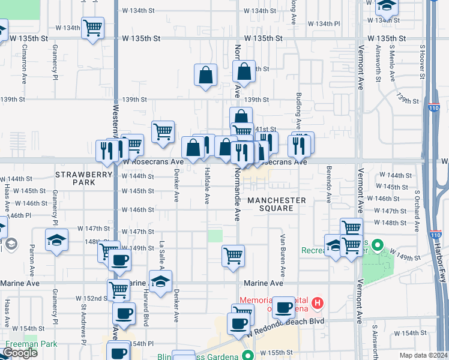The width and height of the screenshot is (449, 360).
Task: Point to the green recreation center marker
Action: click(x=377, y=245)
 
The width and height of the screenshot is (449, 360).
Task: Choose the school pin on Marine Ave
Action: click(x=160, y=281)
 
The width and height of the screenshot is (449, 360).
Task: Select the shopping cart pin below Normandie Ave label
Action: click(x=233, y=256)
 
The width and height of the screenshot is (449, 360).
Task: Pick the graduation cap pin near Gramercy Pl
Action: click(x=56, y=240)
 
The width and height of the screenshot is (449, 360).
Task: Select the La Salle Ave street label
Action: click(x=161, y=257)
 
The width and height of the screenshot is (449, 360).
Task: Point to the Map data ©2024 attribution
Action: click(x=423, y=355)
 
